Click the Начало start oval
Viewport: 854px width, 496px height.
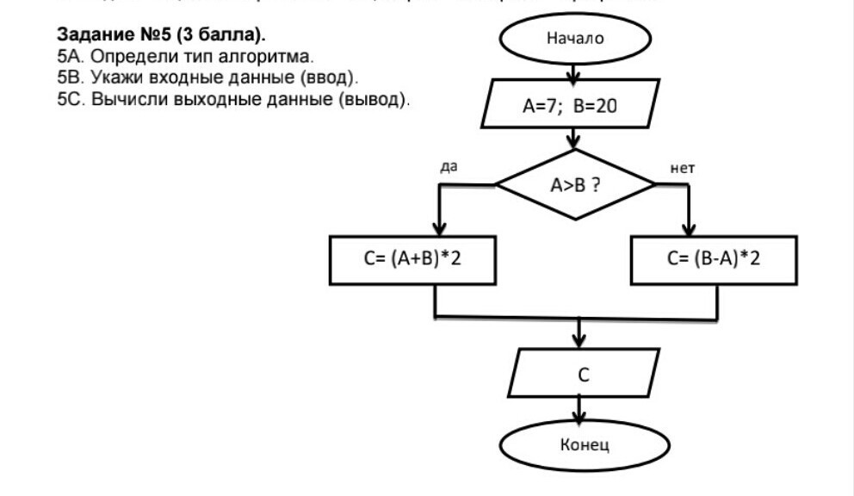click(575, 39)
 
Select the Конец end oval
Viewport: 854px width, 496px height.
click(585, 446)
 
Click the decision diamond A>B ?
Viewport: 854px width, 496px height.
click(575, 184)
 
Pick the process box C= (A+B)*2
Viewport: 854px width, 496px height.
click(412, 259)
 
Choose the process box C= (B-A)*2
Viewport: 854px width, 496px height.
click(714, 259)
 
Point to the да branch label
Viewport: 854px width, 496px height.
click(448, 167)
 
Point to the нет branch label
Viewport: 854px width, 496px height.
click(682, 168)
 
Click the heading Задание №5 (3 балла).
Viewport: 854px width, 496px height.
click(162, 36)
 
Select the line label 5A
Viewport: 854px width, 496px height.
click(67, 57)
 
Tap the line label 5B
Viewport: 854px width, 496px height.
click(67, 77)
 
